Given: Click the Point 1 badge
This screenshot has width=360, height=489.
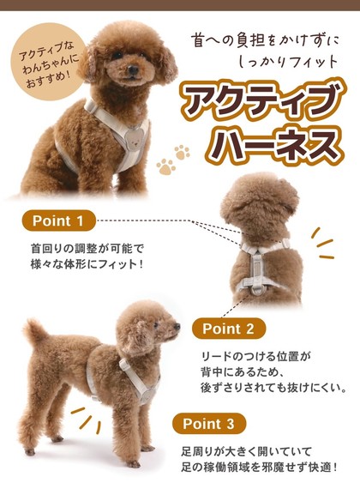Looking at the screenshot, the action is (x=58, y=220).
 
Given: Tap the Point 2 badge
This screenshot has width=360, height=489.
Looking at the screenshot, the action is (x=229, y=329).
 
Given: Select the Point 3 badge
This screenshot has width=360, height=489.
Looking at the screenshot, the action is (x=208, y=424).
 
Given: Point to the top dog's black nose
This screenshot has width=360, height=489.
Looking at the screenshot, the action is (x=134, y=69).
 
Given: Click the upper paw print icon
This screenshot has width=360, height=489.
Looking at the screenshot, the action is (x=182, y=153).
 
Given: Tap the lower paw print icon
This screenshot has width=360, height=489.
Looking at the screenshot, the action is (x=165, y=166).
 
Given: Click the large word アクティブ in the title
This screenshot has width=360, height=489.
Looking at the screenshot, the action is (x=261, y=100).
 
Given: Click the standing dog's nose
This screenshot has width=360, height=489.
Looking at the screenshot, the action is (x=177, y=326).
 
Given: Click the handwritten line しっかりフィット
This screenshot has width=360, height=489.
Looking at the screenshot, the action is (x=288, y=62).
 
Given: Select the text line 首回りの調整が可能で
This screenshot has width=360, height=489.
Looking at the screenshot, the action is (x=87, y=249).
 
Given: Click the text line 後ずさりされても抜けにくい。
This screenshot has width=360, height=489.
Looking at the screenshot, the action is (x=273, y=388).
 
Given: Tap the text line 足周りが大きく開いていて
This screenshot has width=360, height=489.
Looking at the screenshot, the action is (x=246, y=451).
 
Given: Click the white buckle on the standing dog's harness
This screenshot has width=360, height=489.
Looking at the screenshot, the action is (x=124, y=364).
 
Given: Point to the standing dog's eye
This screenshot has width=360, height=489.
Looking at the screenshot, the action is (x=156, y=325).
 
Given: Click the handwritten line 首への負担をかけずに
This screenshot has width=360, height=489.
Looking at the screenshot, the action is (x=265, y=41).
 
